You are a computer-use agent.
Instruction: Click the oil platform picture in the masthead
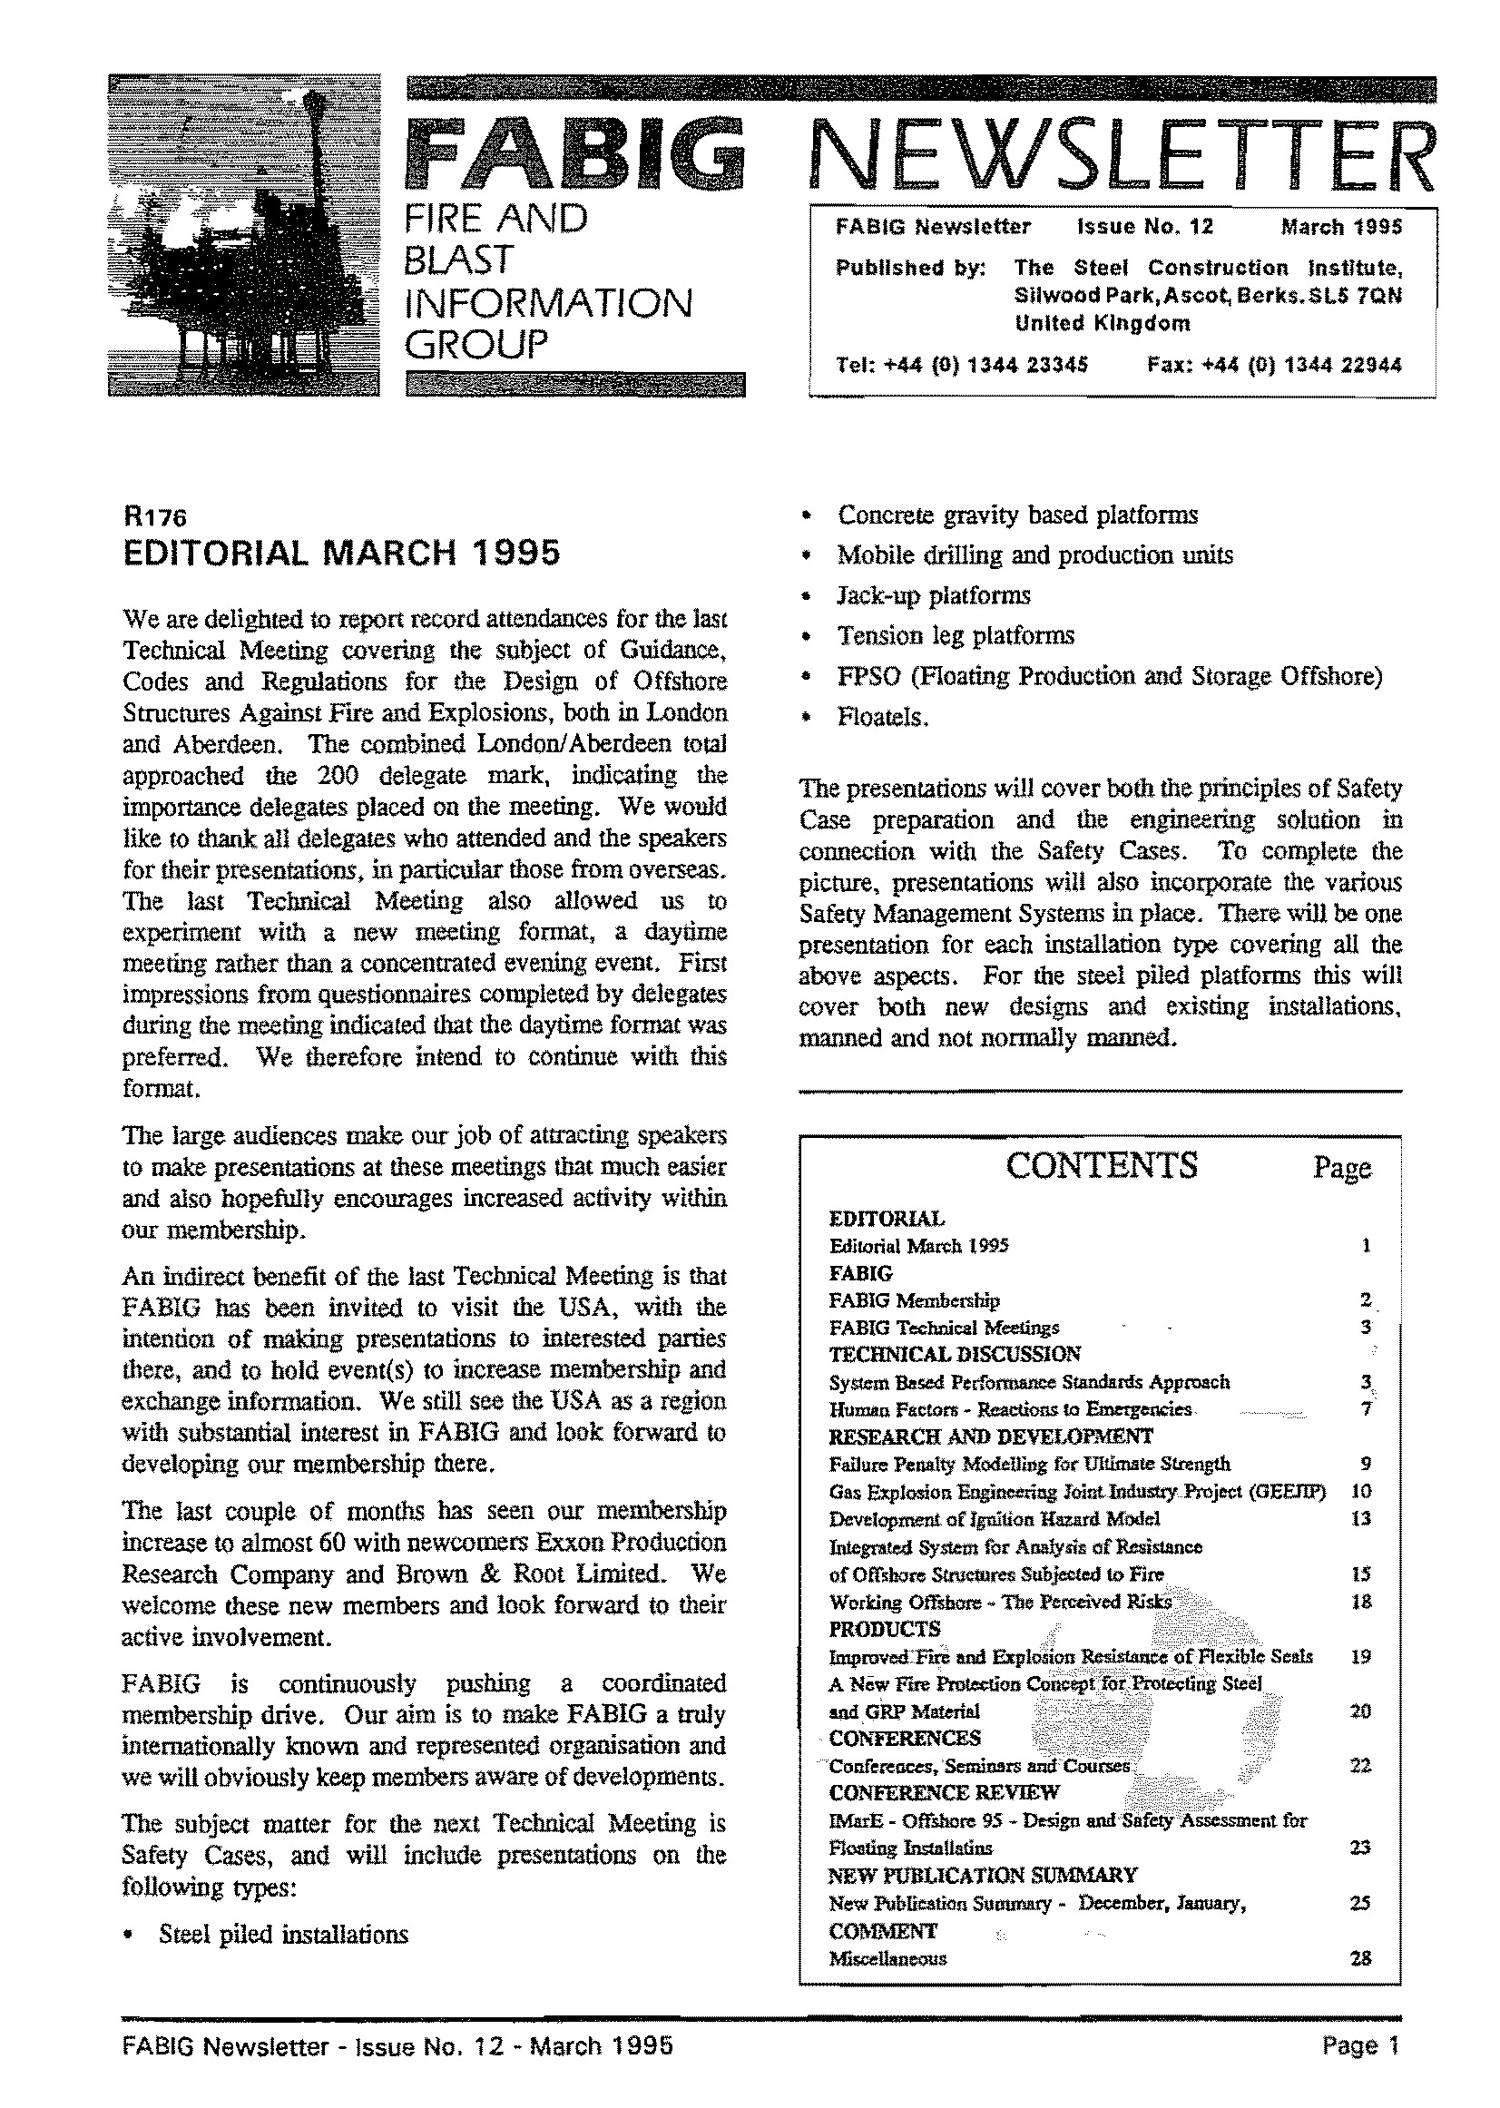(x=243, y=236)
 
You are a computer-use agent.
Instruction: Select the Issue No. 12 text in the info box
(x=1144, y=227)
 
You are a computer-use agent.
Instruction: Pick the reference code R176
(x=153, y=518)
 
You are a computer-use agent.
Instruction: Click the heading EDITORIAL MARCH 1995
(x=342, y=553)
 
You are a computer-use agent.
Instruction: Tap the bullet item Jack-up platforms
(x=933, y=596)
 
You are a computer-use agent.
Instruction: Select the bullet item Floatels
(x=882, y=717)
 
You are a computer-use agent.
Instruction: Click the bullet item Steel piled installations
(x=282, y=1935)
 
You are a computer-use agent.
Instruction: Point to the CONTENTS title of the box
(x=1101, y=1166)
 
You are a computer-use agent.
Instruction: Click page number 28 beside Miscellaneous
(x=1360, y=1958)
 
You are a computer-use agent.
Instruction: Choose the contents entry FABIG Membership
(x=915, y=1300)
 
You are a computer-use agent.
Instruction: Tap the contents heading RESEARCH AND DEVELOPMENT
(x=991, y=1436)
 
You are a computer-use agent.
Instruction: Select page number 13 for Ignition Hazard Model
(x=1360, y=1519)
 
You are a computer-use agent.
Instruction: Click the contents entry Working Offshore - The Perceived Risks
(x=1000, y=1602)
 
